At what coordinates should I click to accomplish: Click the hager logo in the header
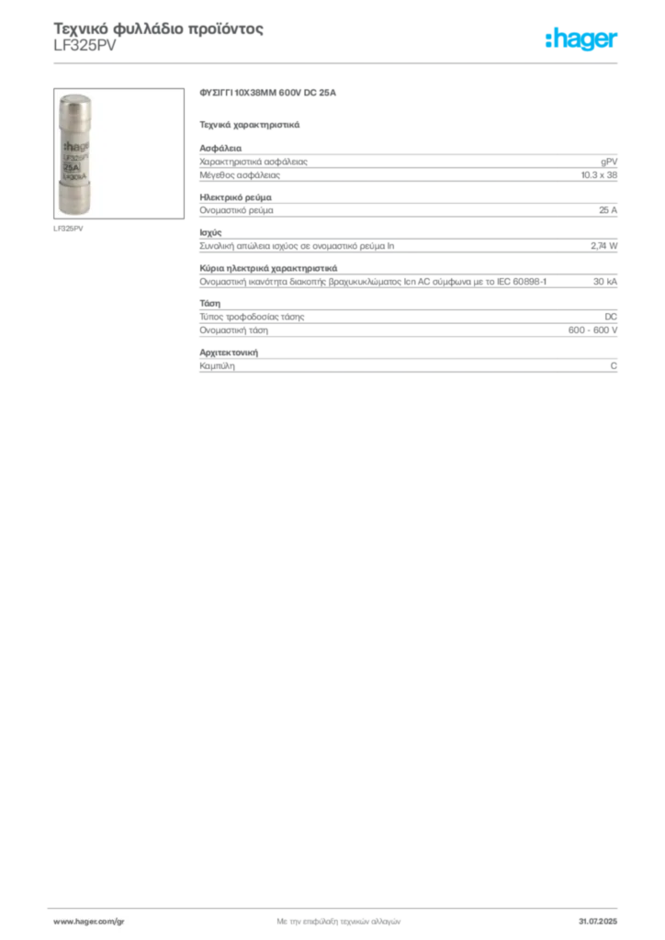[x=581, y=39]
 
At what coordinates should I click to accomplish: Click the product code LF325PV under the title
[x=85, y=46]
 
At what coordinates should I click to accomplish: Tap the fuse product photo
[x=118, y=153]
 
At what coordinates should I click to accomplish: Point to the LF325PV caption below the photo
[x=68, y=229]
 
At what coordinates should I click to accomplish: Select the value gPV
[x=609, y=162]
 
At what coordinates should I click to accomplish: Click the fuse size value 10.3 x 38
[x=599, y=175]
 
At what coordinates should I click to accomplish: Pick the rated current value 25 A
[x=608, y=210]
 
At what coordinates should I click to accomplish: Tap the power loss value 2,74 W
[x=603, y=246]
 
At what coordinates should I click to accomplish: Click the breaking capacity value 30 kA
[x=605, y=281]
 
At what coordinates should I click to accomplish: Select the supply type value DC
[x=611, y=317]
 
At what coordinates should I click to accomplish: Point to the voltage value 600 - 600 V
[x=592, y=330]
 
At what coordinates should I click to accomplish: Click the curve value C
[x=614, y=365]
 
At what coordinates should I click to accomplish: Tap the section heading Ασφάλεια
[x=220, y=148]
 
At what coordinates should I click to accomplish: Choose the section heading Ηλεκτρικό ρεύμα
[x=236, y=197]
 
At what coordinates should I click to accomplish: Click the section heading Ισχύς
[x=210, y=232]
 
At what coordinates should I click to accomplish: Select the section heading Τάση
[x=209, y=303]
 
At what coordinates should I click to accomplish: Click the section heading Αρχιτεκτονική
[x=229, y=352]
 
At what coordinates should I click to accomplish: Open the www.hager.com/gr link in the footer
[x=89, y=922]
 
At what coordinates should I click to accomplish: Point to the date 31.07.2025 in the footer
[x=598, y=922]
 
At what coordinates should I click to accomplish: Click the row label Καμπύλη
[x=217, y=365]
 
